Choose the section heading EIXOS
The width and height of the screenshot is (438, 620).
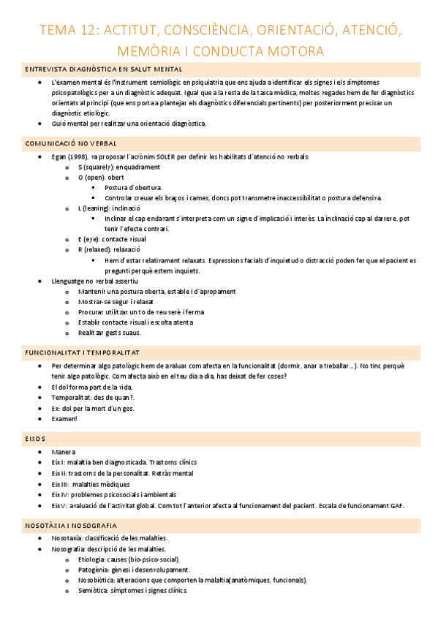coord(35,439)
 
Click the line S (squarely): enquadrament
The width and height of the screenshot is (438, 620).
coord(118,167)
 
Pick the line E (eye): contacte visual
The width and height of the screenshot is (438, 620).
coord(112,239)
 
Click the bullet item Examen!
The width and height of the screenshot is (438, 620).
coord(64,419)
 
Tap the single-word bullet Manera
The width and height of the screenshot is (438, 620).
coord(64,453)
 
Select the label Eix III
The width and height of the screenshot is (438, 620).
coord(61,484)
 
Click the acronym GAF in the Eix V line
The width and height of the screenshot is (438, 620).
coord(396,506)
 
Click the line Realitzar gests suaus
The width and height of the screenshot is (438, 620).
coord(110,332)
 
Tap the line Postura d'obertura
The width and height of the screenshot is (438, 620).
coord(133,187)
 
